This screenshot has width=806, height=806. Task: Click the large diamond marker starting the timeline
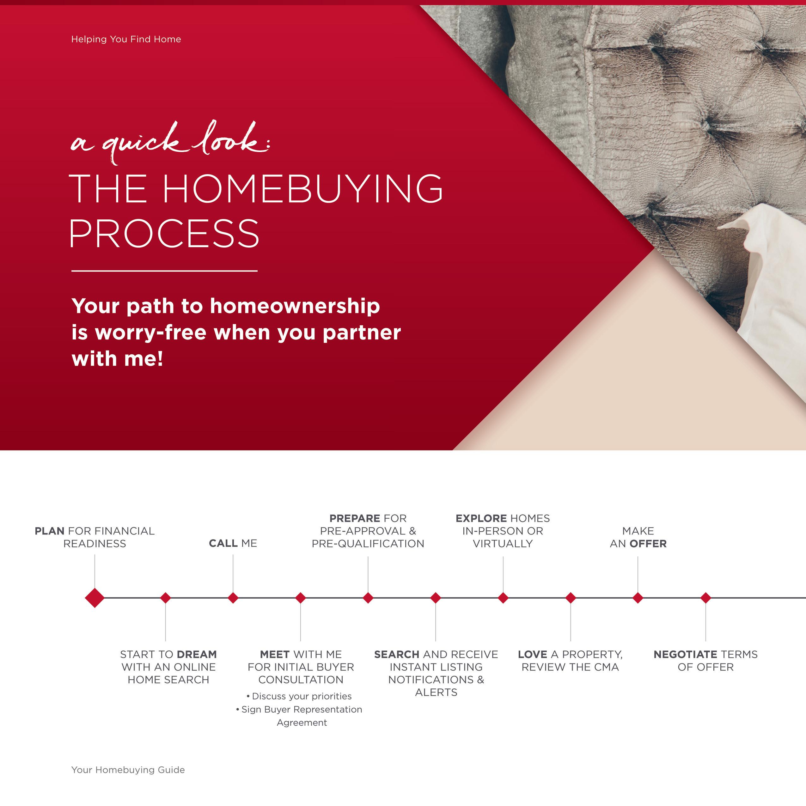point(95,598)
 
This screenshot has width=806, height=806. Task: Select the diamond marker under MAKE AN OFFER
point(638,598)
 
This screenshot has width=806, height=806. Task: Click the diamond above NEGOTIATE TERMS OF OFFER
point(705,598)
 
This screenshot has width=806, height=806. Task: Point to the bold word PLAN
point(50,531)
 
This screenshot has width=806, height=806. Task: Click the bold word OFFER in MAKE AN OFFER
point(648,544)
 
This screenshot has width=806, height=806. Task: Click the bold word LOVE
point(532,654)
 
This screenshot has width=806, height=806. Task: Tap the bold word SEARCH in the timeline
point(397,654)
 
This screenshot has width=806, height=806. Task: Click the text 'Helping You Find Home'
point(126,39)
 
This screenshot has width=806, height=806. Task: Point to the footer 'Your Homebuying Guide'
point(128,770)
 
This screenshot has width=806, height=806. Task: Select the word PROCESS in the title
point(164,234)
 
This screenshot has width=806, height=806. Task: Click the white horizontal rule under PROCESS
point(164,271)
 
